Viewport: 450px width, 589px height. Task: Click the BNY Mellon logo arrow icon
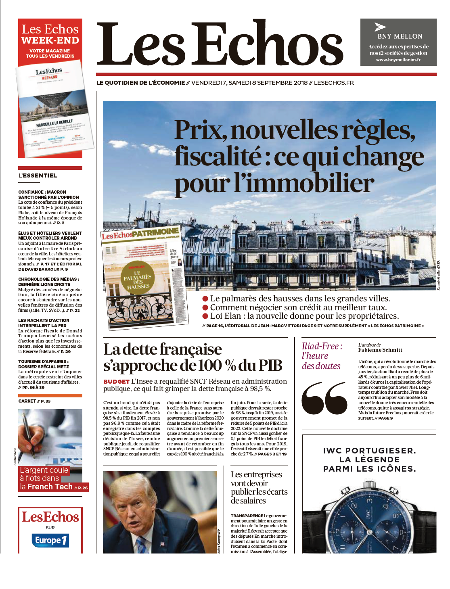pyautogui.click(x=380, y=27)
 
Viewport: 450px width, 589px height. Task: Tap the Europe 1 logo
pyautogui.click(x=50, y=540)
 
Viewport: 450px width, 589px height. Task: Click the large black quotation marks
pyautogui.click(x=324, y=399)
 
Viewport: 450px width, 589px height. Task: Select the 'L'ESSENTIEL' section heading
pyautogui.click(x=38, y=175)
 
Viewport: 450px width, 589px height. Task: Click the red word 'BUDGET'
pyautogui.click(x=116, y=382)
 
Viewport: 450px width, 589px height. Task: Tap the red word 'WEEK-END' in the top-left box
pyautogui.click(x=50, y=40)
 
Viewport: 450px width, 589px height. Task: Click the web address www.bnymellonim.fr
pyautogui.click(x=398, y=60)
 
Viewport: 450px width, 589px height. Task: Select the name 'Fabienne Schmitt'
pyautogui.click(x=380, y=350)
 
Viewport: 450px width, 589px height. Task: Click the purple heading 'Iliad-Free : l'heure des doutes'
pyautogui.click(x=322, y=356)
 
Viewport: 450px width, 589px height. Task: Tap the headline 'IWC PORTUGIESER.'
pyautogui.click(x=369, y=451)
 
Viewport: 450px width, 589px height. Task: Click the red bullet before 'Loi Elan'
pyautogui.click(x=205, y=316)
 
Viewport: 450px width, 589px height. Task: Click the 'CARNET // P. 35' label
pyautogui.click(x=35, y=401)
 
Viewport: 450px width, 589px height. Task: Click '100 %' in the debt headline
pyautogui.click(x=218, y=366)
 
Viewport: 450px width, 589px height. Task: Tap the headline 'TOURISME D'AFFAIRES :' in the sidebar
pyautogui.click(x=43, y=361)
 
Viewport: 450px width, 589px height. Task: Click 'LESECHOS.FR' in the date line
pyautogui.click(x=334, y=83)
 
